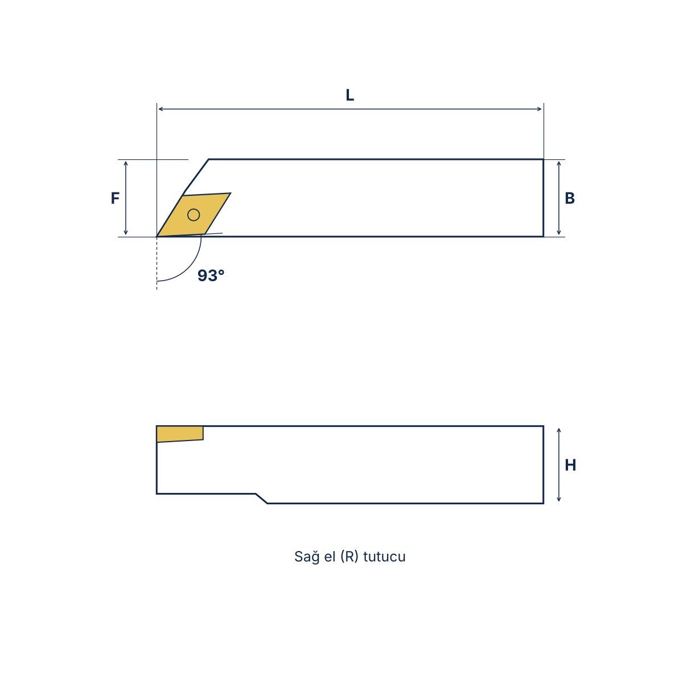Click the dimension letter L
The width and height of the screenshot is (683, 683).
click(x=349, y=95)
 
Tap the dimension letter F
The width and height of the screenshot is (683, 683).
click(x=115, y=198)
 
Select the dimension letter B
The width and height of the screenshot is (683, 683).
click(x=570, y=198)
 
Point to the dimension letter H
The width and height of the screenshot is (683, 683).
click(x=570, y=465)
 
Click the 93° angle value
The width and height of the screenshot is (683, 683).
click(x=211, y=275)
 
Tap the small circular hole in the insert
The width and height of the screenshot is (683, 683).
click(x=194, y=215)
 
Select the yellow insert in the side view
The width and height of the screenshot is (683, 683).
click(x=180, y=434)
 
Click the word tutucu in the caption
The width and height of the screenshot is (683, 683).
click(x=384, y=557)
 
